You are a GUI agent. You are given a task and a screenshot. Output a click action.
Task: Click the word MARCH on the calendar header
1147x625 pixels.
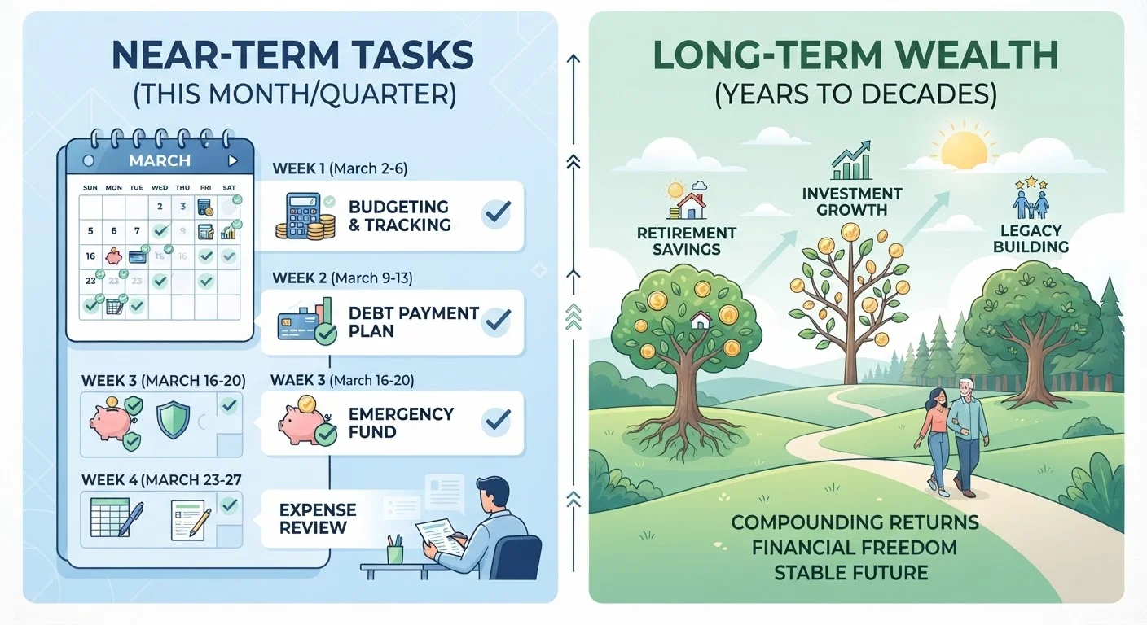[160, 160]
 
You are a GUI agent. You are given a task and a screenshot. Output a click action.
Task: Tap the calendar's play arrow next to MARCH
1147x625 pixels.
[233, 160]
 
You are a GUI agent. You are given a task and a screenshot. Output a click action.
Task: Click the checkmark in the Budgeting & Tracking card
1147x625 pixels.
[497, 212]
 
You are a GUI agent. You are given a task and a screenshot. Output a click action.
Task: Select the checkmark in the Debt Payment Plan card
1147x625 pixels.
[497, 320]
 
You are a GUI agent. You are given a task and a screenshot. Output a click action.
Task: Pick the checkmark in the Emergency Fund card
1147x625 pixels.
[497, 420]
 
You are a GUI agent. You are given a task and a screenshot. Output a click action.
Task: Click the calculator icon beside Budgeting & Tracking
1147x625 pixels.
[304, 216]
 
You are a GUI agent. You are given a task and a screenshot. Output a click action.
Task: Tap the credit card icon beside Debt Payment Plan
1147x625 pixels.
[298, 326]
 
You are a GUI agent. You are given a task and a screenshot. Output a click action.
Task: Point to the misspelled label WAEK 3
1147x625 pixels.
[298, 380]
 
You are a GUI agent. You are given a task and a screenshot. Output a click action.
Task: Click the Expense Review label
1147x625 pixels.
[318, 518]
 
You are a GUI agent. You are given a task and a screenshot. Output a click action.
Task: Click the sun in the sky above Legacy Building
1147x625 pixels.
[965, 150]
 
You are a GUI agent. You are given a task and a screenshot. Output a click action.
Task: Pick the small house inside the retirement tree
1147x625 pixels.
[701, 320]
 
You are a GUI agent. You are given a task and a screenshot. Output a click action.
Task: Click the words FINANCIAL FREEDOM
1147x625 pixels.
[854, 547]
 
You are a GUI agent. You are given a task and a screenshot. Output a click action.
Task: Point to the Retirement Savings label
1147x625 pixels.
[686, 241]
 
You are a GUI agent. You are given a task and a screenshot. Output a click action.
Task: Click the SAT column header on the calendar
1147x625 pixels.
[229, 188]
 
